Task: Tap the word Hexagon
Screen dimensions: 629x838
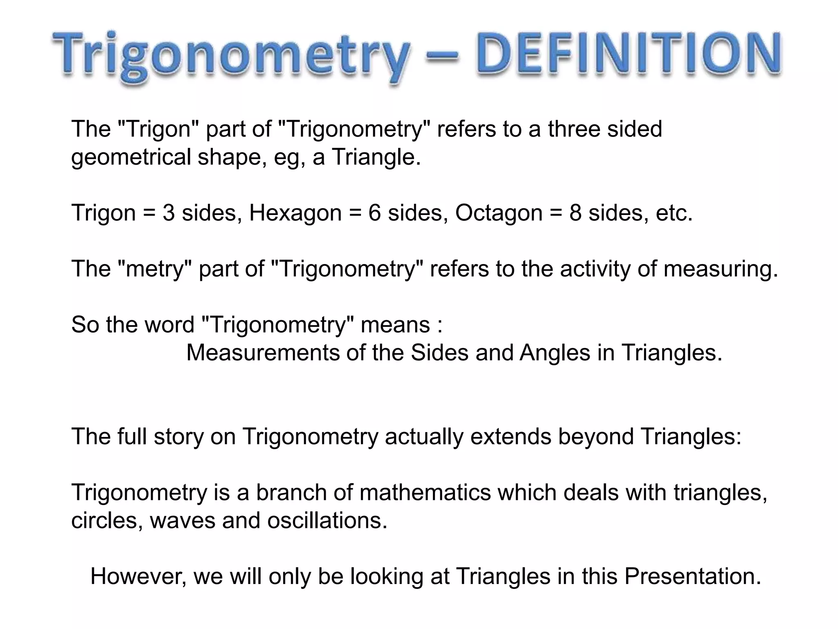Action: pos(295,213)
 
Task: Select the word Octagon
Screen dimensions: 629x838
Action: pos(499,213)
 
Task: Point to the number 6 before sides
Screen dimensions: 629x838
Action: pos(374,213)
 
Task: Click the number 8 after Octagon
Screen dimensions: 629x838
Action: pos(575,213)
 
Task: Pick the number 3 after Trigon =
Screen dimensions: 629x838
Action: pos(169,213)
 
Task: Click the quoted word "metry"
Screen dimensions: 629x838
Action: pos(155,269)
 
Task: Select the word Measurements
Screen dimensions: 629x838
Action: pos(263,353)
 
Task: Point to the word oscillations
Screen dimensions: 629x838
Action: pos(327,520)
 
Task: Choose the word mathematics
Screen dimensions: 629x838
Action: pos(425,492)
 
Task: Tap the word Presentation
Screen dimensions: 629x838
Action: pos(692,576)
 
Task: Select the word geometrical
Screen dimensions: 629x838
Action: pos(131,157)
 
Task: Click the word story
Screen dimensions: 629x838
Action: pos(178,437)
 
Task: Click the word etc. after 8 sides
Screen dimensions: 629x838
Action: pos(674,213)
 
